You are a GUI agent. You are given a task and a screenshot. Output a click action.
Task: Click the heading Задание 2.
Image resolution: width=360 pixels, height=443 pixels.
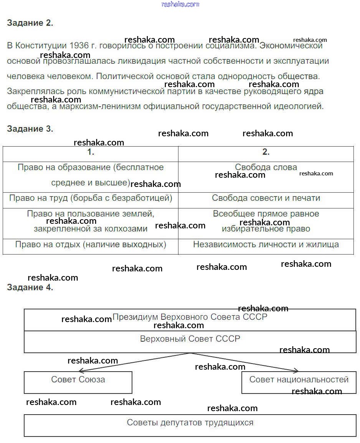tap(30, 23)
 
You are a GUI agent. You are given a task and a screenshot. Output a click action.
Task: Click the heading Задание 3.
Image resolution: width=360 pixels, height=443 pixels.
tap(30, 129)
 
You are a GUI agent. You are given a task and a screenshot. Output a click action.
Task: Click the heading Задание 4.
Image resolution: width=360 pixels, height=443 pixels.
tap(30, 288)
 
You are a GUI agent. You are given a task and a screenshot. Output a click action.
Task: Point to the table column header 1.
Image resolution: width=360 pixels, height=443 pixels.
tap(91, 152)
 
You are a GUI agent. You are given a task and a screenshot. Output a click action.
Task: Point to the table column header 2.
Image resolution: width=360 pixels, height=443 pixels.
tap(266, 152)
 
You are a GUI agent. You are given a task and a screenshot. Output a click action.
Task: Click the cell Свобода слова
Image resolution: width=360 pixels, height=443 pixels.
tap(266, 167)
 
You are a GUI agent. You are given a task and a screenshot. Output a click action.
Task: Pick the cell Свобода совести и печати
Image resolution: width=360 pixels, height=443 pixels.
tap(266, 198)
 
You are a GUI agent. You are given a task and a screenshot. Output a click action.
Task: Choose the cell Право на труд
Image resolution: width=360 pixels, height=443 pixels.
tap(91, 198)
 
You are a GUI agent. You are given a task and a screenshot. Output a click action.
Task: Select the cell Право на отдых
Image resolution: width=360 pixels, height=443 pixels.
tap(91, 245)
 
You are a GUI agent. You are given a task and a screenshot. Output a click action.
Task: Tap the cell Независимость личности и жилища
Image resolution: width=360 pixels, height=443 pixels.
tap(266, 245)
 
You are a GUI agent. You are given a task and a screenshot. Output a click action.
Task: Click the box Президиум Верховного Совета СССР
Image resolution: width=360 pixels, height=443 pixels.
tap(190, 317)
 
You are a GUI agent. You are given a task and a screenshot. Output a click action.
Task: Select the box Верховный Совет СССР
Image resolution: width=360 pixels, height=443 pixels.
tap(190, 339)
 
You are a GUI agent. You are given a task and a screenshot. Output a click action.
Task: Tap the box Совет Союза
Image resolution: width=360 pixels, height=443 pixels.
tap(78, 380)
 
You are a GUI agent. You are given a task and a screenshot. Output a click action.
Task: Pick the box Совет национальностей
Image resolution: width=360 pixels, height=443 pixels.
tap(299, 380)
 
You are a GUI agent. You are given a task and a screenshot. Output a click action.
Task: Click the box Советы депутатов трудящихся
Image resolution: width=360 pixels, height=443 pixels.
tap(190, 423)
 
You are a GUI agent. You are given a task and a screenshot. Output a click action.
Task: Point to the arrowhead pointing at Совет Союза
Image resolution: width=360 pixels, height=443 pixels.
tap(81, 370)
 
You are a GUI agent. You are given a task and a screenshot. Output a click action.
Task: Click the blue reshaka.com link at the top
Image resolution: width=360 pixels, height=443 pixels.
tap(180, 4)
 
